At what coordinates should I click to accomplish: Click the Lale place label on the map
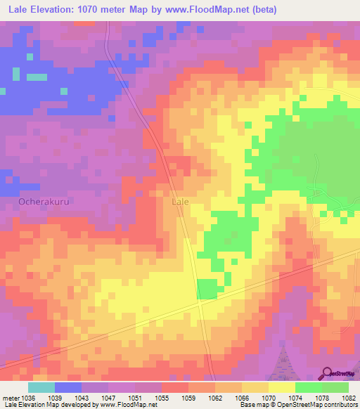click(181, 201)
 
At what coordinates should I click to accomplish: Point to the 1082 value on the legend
click(349, 398)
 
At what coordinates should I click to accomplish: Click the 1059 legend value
click(188, 398)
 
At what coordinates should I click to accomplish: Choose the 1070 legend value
click(269, 398)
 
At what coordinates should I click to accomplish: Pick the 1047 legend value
click(108, 398)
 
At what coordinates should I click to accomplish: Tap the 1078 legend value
click(322, 398)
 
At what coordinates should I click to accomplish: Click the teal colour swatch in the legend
click(41, 387)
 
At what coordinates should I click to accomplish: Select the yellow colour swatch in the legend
click(282, 387)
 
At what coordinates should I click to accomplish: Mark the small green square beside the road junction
click(207, 288)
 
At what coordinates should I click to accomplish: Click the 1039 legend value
click(55, 398)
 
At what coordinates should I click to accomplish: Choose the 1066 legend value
click(242, 398)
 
